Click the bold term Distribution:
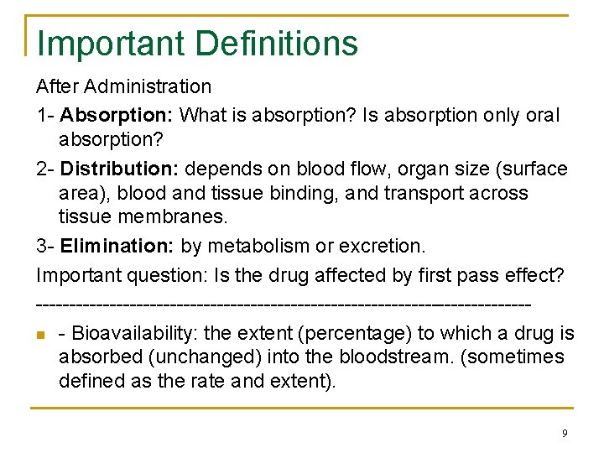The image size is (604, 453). pos(121,169)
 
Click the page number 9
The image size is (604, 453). pos(565,433)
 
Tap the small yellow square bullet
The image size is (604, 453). pos(41,335)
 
